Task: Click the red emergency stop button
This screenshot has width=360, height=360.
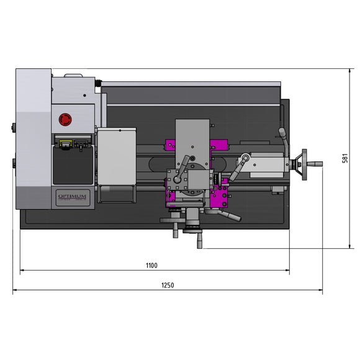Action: coord(65,119)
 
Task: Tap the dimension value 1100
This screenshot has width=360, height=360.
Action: coord(151,265)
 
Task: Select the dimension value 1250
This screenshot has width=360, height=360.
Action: coord(168,286)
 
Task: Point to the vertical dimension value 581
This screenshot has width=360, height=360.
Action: coord(344,159)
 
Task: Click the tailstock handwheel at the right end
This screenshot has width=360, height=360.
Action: coord(304,164)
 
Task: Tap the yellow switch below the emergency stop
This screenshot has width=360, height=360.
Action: coord(65,143)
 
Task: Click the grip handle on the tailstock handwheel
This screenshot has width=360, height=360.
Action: coord(315,164)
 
